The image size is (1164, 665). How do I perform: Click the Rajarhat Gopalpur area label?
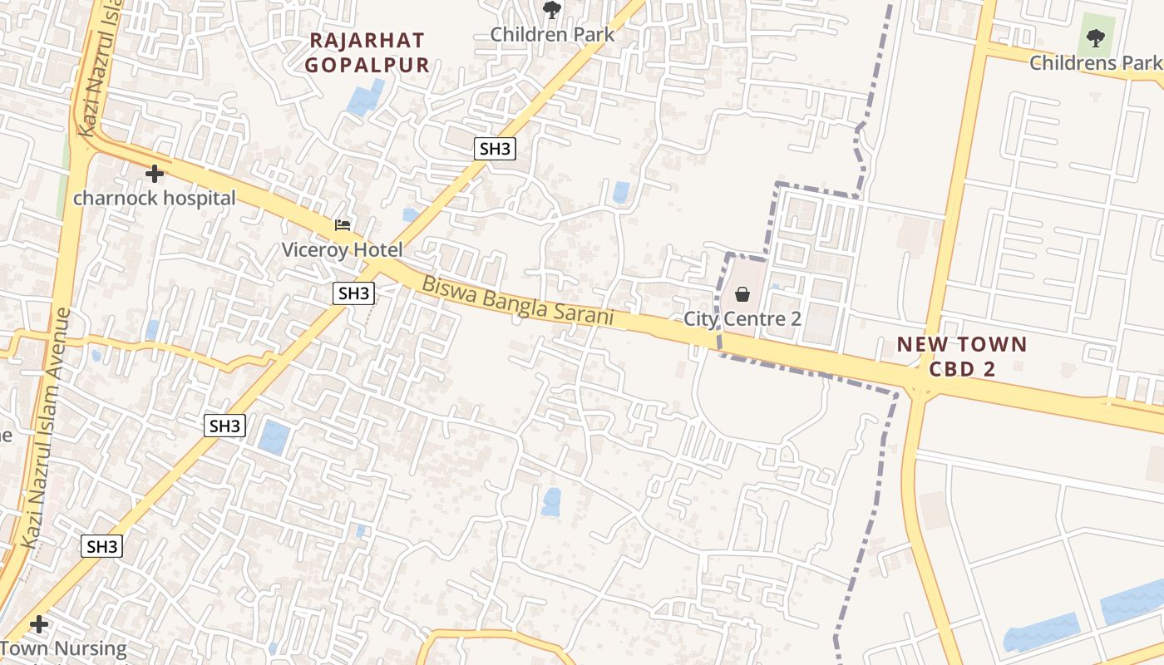tap(367, 52)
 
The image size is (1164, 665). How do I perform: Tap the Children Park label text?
tap(552, 35)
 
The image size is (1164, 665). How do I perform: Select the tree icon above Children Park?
tap(551, 10)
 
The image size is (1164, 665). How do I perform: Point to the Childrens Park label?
tap(1095, 63)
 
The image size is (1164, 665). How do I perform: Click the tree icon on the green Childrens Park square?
tap(1096, 37)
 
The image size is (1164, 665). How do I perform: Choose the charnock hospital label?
tap(155, 199)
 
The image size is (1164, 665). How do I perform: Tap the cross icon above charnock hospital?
tap(155, 174)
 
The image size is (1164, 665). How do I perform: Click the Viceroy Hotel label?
tap(342, 249)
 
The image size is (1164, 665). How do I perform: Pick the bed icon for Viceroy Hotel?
tap(342, 224)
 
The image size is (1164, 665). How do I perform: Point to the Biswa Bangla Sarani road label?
tap(517, 300)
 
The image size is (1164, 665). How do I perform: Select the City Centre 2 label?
tap(742, 318)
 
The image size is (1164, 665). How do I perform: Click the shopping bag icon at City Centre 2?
tap(742, 294)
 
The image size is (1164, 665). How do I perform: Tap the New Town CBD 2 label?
tap(962, 357)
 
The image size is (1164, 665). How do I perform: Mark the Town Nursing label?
tap(64, 648)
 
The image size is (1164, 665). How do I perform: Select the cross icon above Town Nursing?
tap(38, 623)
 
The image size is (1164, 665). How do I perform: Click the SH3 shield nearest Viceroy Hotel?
tap(353, 293)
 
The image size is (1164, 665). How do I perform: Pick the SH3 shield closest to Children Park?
tap(495, 149)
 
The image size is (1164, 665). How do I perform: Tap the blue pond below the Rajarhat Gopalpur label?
tap(366, 97)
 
